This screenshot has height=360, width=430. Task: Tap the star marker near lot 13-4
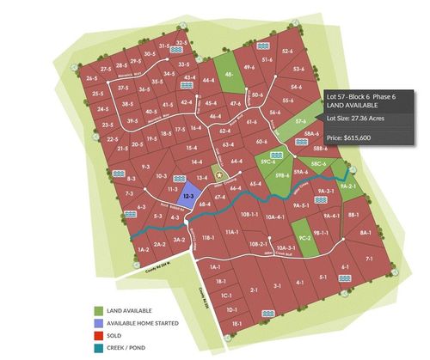[218, 175]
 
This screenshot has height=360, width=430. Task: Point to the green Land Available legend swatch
[99, 311]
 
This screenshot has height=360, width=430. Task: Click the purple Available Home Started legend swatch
[99, 323]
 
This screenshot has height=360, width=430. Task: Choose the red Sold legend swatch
[99, 336]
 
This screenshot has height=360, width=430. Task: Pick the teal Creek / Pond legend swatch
[99, 348]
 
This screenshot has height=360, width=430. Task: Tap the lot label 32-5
[181, 41]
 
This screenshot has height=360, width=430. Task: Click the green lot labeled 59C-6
[267, 161]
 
